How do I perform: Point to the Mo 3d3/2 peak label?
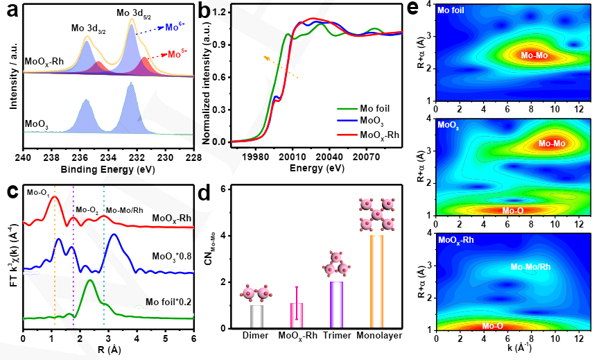tap(88, 28)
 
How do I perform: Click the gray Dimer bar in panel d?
tap(256, 316)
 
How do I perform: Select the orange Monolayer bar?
tap(376, 282)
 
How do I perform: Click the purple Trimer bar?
tap(337, 305)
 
